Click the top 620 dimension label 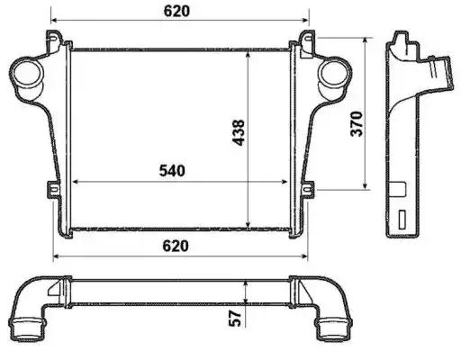(176, 11)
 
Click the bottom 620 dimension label (176, 246)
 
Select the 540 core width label (172, 171)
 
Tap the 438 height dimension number (239, 132)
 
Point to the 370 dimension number (357, 124)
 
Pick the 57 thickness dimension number (235, 318)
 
